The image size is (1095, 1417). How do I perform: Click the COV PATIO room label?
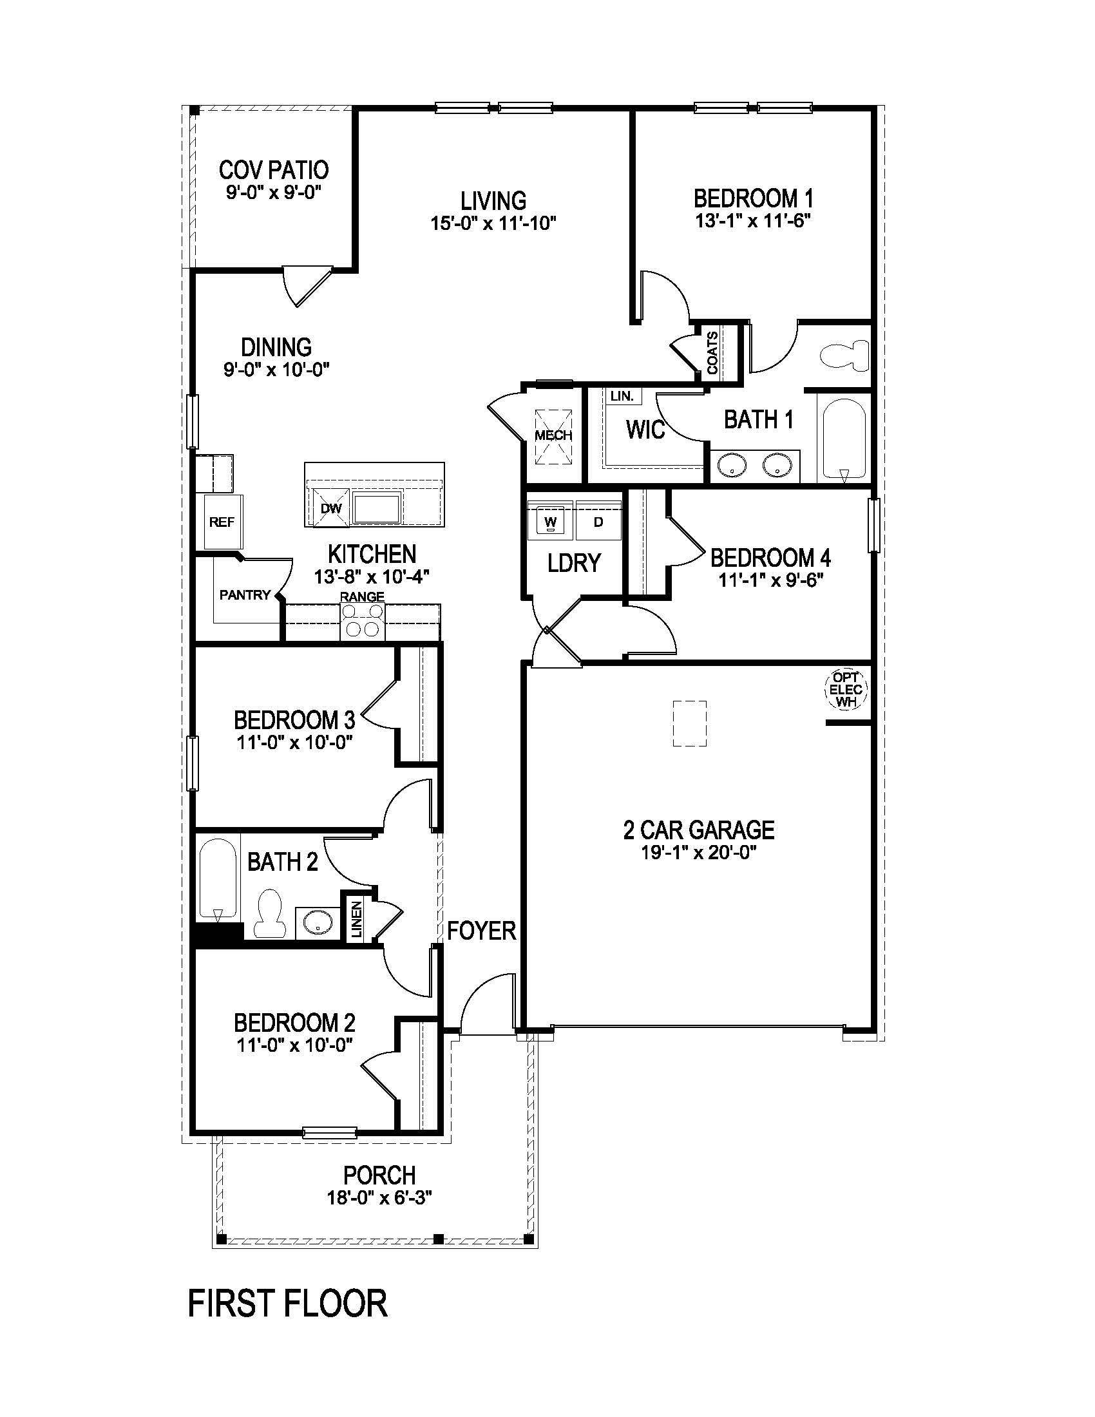point(273,170)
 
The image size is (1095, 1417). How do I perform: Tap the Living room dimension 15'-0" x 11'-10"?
point(493,224)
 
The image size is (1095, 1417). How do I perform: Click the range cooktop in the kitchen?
point(363,621)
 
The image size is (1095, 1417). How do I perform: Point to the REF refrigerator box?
point(222,522)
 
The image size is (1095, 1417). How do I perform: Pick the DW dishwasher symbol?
point(331,509)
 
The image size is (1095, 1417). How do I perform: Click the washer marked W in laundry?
point(550,521)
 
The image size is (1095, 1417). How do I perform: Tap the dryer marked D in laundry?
point(598,521)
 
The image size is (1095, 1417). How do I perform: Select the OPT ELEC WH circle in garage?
point(846,689)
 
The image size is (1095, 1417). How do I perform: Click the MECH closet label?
point(553,435)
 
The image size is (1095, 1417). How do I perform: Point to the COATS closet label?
point(712,354)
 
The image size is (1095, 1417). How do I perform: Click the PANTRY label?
point(245,594)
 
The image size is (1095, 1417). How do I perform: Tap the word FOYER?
point(481,931)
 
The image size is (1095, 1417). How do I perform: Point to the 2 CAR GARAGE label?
point(699,830)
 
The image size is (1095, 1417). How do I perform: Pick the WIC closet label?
point(645,430)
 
